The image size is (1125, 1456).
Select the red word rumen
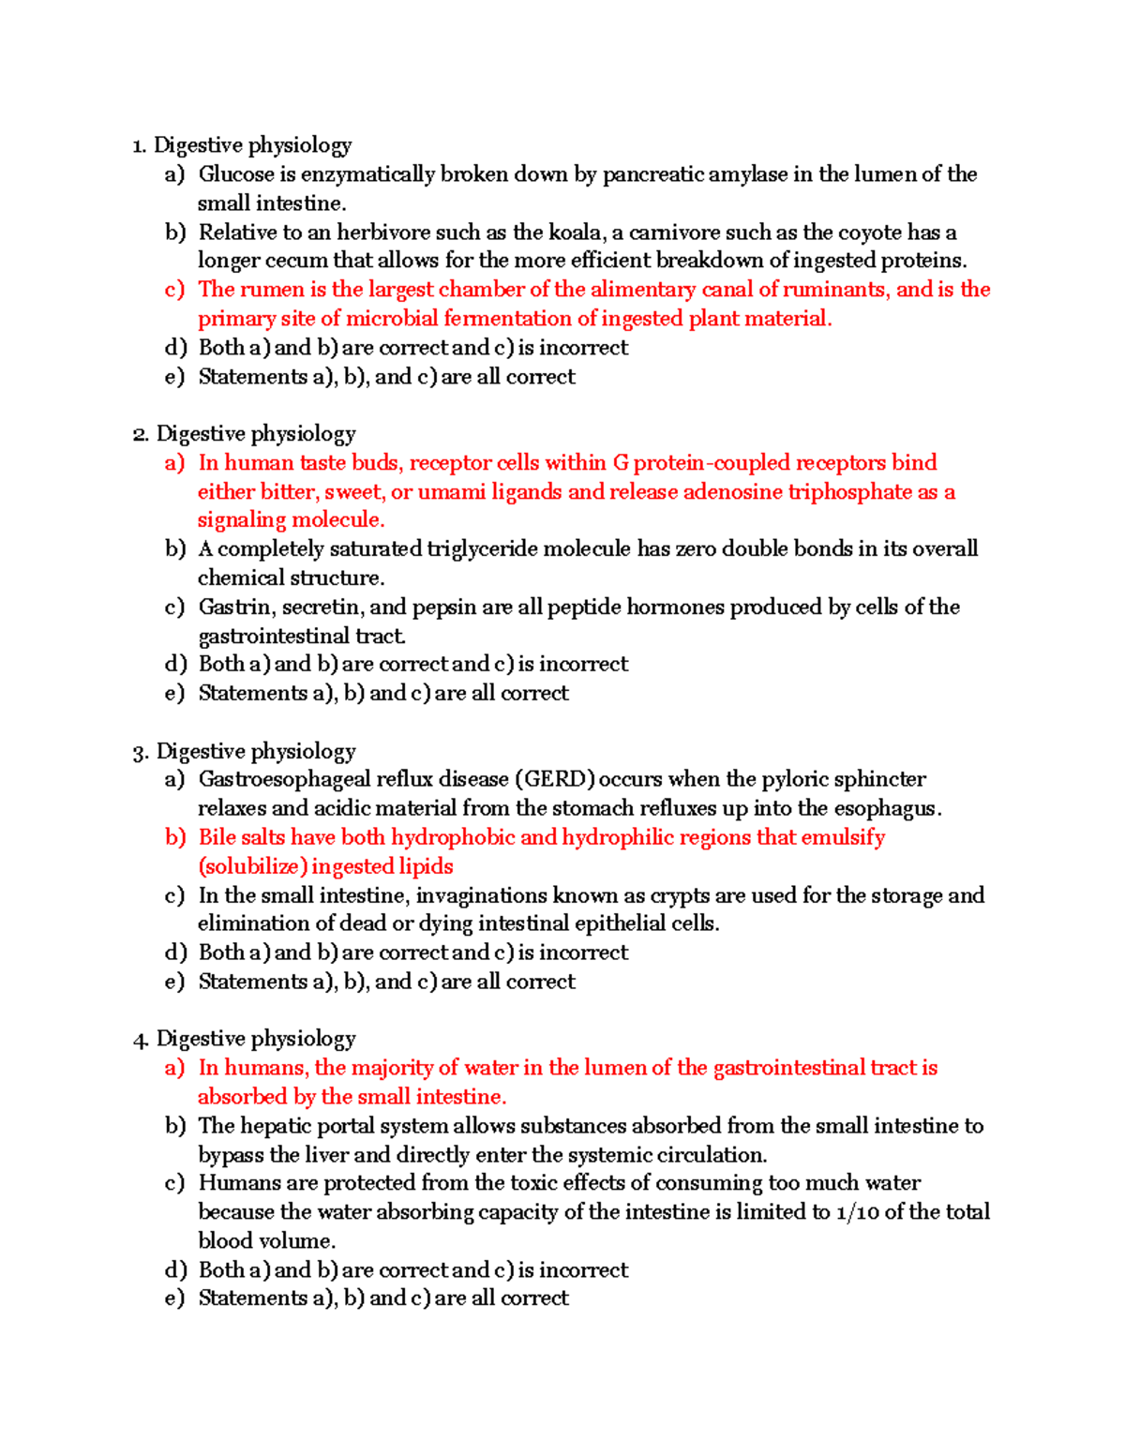(x=274, y=290)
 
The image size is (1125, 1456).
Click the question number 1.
(x=139, y=145)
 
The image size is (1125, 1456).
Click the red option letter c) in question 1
(x=174, y=290)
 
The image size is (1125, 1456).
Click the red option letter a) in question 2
(x=174, y=463)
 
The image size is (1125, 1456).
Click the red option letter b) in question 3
(x=175, y=837)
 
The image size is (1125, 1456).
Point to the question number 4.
(x=141, y=1040)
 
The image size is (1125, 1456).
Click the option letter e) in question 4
(x=174, y=1298)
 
